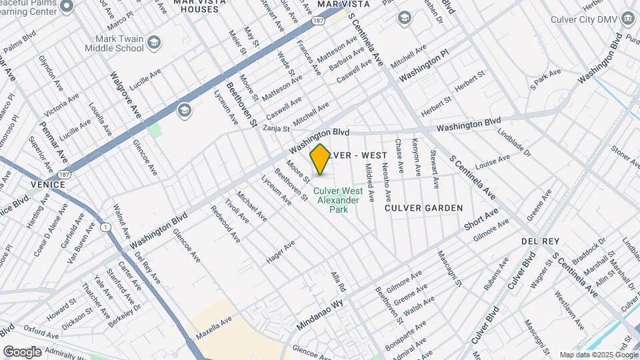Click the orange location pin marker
pyautogui.click(x=321, y=159)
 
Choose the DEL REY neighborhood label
pyautogui.click(x=540, y=240)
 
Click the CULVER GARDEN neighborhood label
pyautogui.click(x=424, y=208)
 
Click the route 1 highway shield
pyautogui.click(x=105, y=227)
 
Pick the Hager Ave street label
pyautogui.click(x=280, y=252)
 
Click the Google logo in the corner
pyautogui.click(x=22, y=351)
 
